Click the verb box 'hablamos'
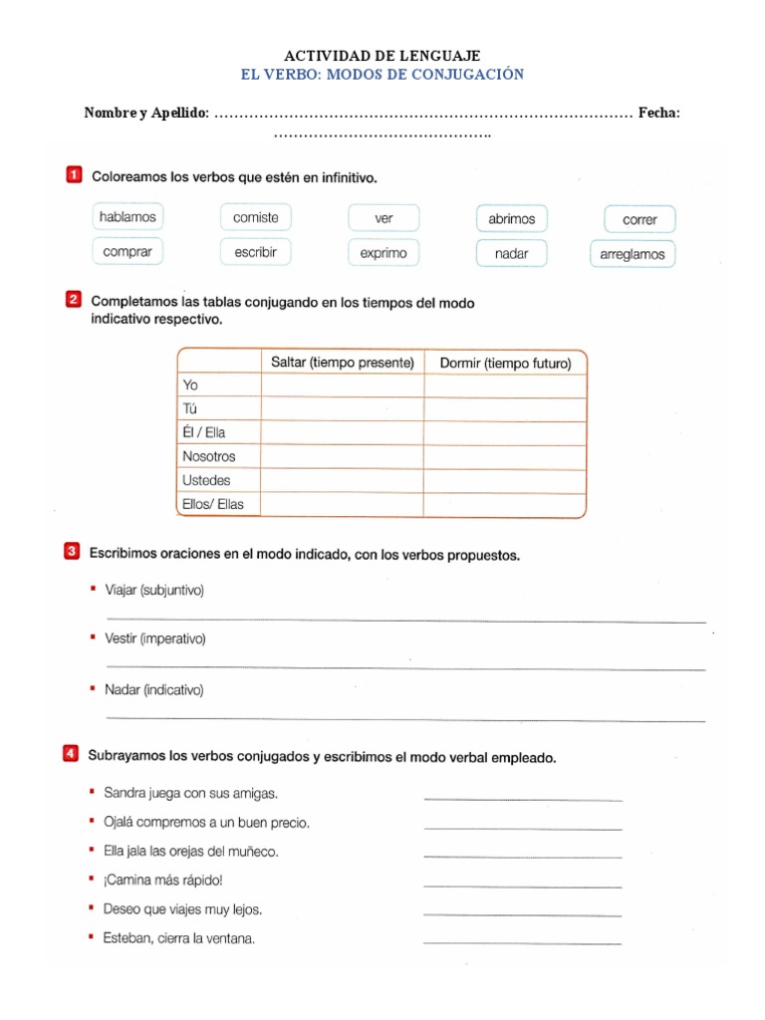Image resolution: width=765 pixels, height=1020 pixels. (127, 217)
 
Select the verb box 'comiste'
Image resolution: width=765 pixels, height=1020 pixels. (256, 217)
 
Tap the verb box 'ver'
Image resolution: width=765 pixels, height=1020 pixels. (383, 218)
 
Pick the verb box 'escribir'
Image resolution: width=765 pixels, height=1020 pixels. (256, 252)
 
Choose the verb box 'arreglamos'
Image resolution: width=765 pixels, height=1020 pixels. (633, 254)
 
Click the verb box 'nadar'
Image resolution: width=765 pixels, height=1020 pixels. (511, 253)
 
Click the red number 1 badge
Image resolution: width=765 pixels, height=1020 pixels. (74, 176)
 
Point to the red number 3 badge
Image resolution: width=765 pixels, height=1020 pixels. (72, 552)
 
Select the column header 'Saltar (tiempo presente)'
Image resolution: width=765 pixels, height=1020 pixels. (342, 363)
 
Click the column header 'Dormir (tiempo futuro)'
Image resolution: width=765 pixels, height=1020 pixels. (505, 363)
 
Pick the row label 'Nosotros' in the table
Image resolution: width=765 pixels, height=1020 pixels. (209, 456)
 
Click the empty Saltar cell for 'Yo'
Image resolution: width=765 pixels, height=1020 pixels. (342, 384)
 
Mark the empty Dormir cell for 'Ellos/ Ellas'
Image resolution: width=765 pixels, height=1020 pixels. (505, 505)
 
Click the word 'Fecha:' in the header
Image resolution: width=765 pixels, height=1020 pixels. (659, 114)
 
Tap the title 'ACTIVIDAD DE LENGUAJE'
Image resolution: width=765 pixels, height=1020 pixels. (382, 56)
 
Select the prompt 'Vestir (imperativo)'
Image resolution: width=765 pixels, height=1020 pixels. (154, 638)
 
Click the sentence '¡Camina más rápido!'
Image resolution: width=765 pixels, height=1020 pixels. (162, 880)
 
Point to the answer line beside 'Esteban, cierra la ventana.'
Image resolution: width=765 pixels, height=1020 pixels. (522, 942)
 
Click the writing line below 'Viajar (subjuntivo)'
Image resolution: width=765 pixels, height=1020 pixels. (404, 620)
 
